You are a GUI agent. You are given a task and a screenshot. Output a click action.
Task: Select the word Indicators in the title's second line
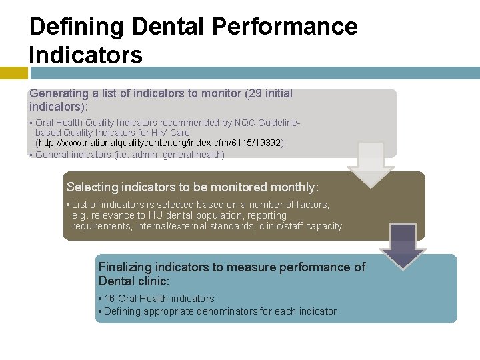coord(86,55)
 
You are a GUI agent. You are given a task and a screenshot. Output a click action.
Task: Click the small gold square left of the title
coord(13,73)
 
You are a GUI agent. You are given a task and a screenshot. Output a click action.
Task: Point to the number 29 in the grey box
coord(253,93)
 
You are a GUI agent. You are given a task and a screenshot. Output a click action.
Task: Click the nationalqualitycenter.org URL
coord(161,143)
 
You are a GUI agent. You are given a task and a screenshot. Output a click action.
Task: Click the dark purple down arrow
coord(403,245)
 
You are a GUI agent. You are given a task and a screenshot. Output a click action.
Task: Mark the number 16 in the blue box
coord(110,299)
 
